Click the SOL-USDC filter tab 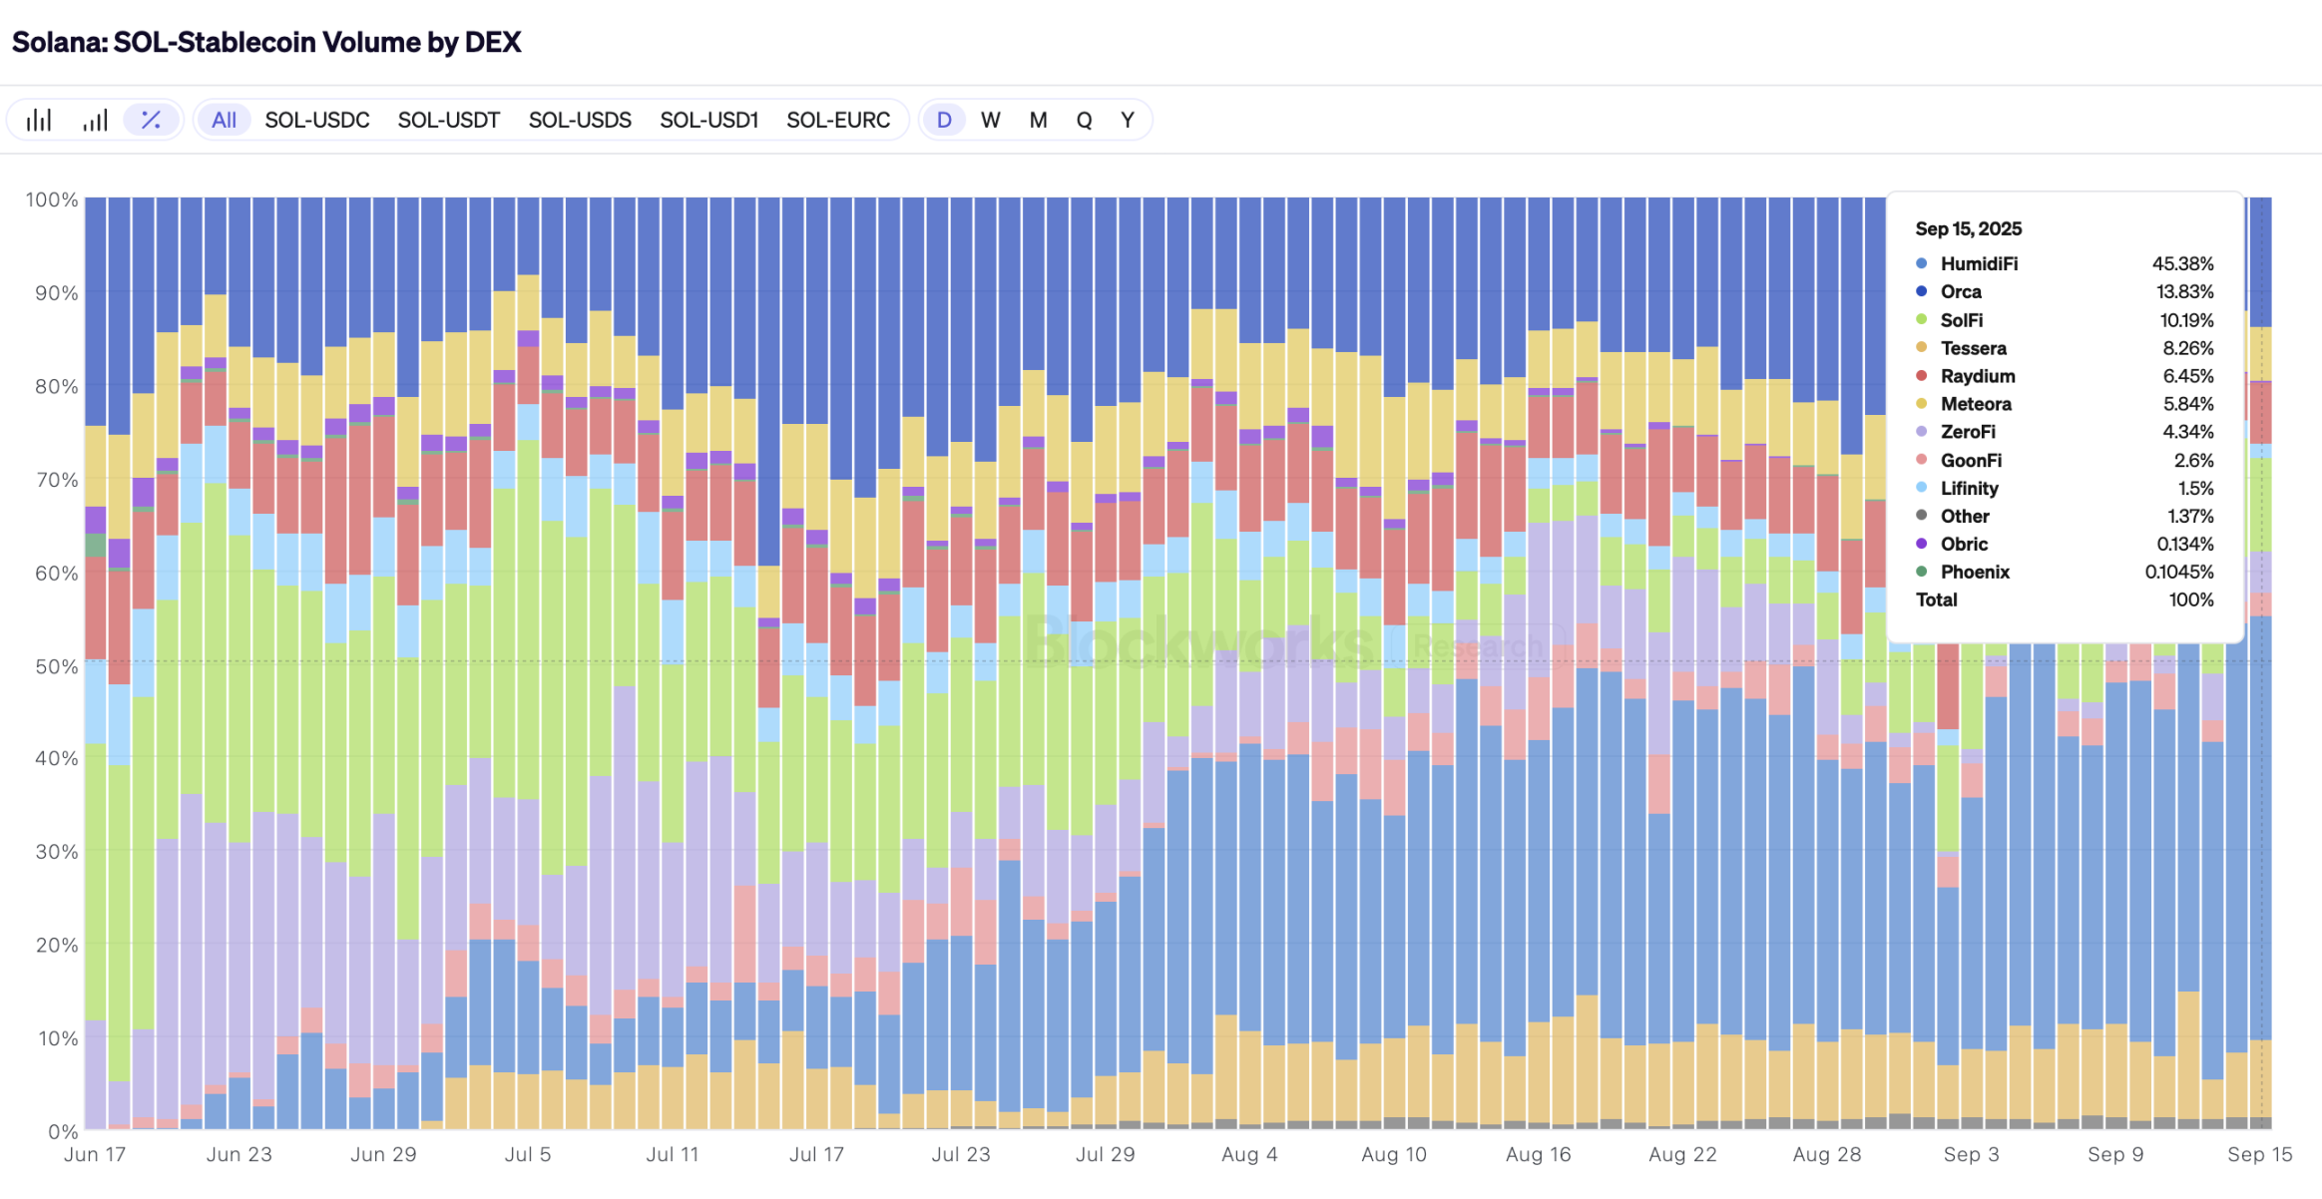(317, 121)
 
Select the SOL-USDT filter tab (448, 121)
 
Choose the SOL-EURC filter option (837, 121)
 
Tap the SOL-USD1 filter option (708, 121)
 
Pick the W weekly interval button (990, 121)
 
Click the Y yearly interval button (1127, 121)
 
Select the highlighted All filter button (224, 121)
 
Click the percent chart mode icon (151, 121)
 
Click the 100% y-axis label (52, 200)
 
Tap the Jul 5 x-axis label (528, 1154)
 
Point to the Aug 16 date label (1538, 1154)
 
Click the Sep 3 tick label (1971, 1154)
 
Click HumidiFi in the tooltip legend (1979, 264)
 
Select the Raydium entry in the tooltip (1978, 376)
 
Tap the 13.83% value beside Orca (2184, 292)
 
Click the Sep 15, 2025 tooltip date (1968, 229)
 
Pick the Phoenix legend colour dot (1921, 572)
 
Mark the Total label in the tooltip (1936, 599)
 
